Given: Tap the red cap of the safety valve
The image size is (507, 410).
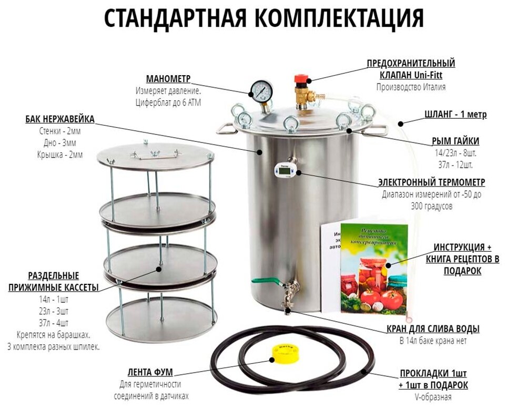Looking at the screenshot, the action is tap(301, 79).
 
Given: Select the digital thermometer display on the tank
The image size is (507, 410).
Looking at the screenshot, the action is tap(284, 169).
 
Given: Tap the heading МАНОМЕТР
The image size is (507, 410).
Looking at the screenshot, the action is tap(168, 79).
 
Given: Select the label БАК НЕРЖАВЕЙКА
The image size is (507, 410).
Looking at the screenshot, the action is tap(60, 119).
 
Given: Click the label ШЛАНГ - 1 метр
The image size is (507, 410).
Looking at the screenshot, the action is tap(455, 115).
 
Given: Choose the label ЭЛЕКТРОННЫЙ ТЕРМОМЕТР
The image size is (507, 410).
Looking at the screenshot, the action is tap(431, 182).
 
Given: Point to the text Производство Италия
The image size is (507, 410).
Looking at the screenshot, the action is tap(411, 87).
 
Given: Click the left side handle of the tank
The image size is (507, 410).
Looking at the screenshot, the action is tap(225, 129).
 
